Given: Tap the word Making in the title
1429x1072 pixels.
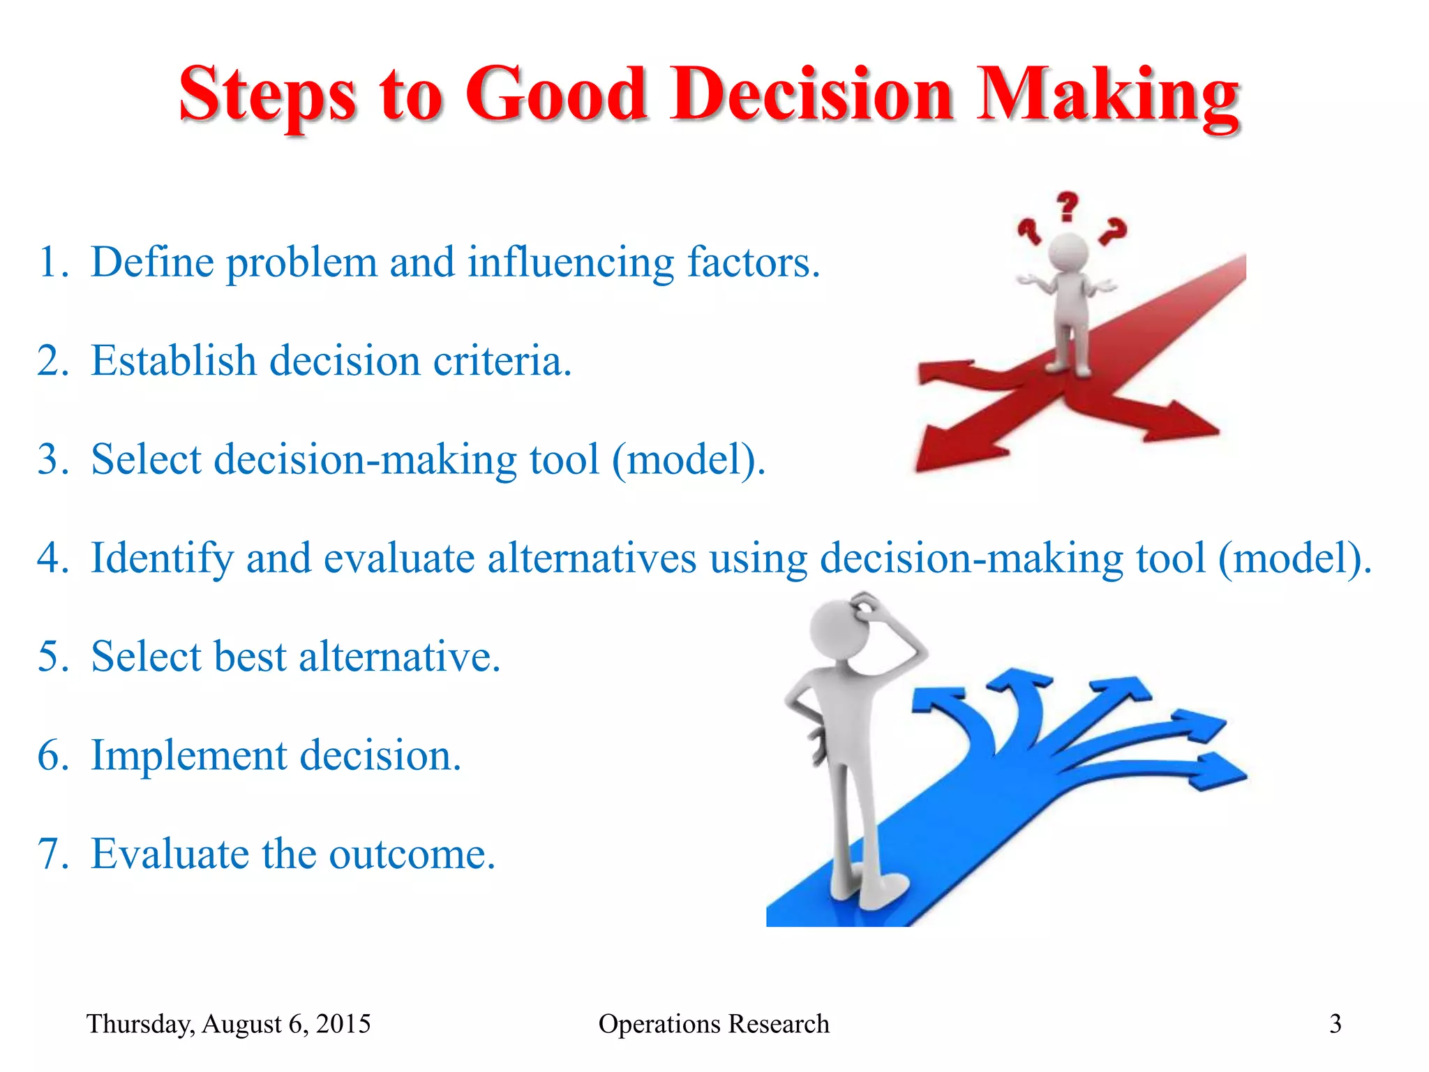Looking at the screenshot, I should click(x=1107, y=96).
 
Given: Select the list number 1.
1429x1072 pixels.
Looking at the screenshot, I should click(x=52, y=263).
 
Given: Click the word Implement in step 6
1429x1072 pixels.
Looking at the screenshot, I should click(x=188, y=756).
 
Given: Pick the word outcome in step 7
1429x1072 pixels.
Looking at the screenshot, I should click(x=412, y=854).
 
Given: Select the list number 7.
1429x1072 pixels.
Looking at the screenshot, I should click(x=52, y=854).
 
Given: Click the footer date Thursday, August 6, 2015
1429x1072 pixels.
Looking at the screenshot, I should click(x=228, y=1024).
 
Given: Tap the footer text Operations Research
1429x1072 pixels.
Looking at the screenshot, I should click(x=714, y=1024).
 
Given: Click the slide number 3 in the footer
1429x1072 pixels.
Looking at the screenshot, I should click(x=1335, y=1024).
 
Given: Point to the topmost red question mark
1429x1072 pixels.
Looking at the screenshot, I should click(x=1067, y=207).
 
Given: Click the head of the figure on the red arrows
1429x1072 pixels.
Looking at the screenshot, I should click(x=1068, y=253).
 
